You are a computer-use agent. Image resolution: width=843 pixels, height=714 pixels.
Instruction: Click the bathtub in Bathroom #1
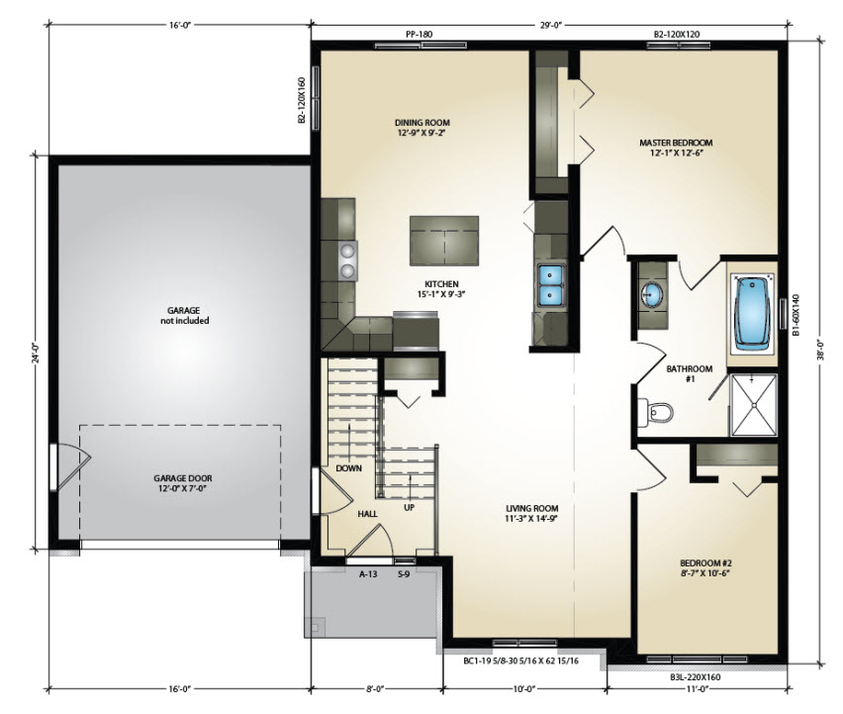(753, 312)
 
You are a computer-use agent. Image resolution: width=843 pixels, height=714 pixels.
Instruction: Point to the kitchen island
(444, 241)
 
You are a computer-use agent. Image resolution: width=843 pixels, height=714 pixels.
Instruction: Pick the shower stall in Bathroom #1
(754, 405)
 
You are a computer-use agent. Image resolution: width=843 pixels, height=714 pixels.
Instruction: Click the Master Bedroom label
(676, 148)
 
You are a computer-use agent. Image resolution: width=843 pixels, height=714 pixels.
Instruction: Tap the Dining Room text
(422, 128)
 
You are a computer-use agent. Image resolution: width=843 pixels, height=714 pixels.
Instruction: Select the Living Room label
(531, 513)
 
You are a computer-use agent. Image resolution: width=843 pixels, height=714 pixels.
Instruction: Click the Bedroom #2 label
(705, 568)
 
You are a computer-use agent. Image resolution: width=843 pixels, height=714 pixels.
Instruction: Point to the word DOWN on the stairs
(349, 468)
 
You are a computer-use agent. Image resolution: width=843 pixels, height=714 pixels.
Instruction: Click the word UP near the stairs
(410, 507)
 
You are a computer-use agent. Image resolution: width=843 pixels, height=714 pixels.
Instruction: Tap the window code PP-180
(419, 35)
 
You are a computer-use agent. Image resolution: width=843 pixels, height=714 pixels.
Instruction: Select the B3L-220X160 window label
(696, 677)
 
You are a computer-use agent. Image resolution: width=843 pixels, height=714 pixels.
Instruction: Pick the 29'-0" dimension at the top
(549, 24)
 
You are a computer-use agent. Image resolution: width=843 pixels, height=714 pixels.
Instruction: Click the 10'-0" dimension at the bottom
(524, 688)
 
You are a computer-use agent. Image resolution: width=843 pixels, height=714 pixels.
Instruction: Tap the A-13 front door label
(368, 574)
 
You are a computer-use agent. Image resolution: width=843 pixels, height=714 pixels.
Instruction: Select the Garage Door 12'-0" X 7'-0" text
(183, 483)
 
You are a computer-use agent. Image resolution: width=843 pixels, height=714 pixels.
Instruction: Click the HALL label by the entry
(368, 514)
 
